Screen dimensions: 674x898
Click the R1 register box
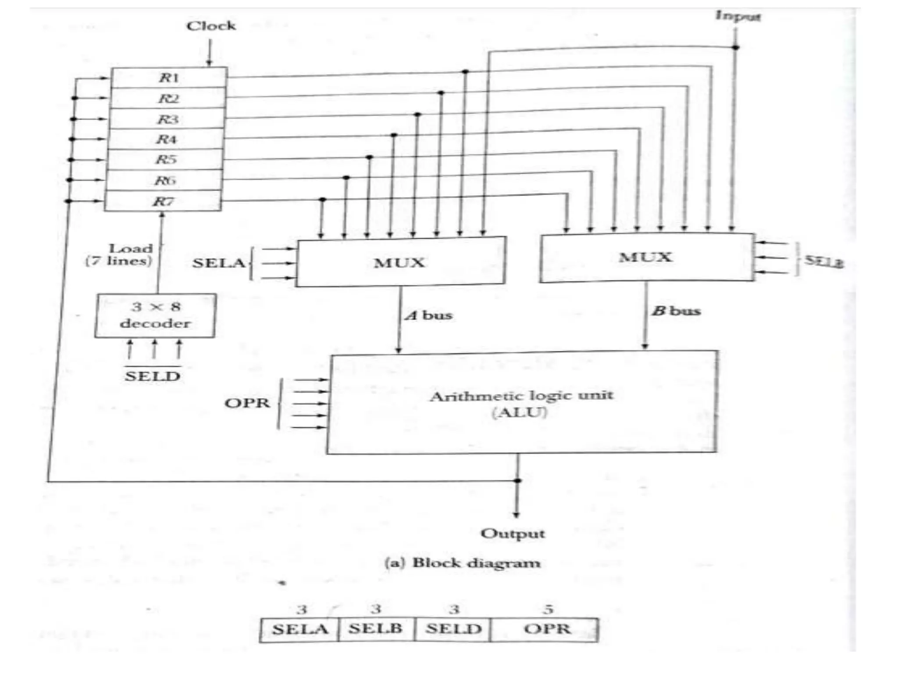(x=169, y=78)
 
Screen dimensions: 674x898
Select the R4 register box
(x=166, y=139)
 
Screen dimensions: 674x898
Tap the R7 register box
(x=163, y=201)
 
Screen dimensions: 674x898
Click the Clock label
(x=211, y=26)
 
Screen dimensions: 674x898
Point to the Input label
(x=738, y=16)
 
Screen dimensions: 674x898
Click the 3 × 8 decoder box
(x=155, y=315)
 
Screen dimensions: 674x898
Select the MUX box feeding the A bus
(x=400, y=262)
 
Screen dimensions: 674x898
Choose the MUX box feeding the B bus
(x=645, y=257)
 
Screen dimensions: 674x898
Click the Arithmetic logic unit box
(x=522, y=402)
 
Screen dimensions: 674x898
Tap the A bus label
(x=428, y=315)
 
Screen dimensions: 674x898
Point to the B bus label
(x=676, y=311)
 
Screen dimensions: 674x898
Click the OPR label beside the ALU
(x=247, y=403)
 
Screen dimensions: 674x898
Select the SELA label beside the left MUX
(x=218, y=263)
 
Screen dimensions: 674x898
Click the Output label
(x=513, y=534)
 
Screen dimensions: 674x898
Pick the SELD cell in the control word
(x=453, y=629)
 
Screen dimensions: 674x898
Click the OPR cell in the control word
(x=547, y=629)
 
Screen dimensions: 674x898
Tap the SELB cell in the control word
(x=376, y=629)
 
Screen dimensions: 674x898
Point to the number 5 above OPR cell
(x=548, y=609)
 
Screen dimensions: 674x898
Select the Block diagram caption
(x=462, y=563)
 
